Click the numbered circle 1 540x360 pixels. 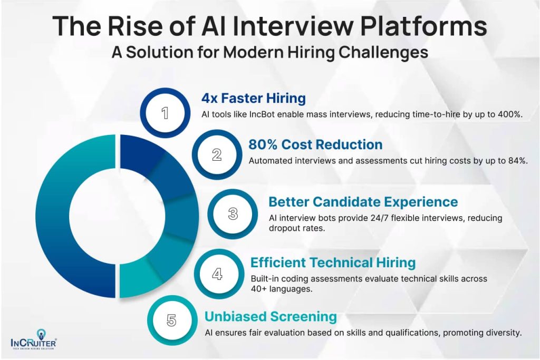(x=165, y=113)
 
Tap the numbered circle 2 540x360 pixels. (x=217, y=154)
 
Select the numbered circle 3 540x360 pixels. (x=233, y=213)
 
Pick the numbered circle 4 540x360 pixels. (x=217, y=274)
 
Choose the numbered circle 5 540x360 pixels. (x=171, y=320)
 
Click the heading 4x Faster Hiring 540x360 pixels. (x=254, y=98)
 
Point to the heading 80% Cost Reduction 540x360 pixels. (x=315, y=144)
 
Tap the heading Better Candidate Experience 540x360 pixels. (x=363, y=202)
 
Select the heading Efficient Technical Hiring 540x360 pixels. (x=333, y=262)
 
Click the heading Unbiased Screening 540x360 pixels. (x=271, y=317)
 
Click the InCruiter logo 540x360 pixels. (x=33, y=339)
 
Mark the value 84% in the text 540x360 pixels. (x=518, y=161)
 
